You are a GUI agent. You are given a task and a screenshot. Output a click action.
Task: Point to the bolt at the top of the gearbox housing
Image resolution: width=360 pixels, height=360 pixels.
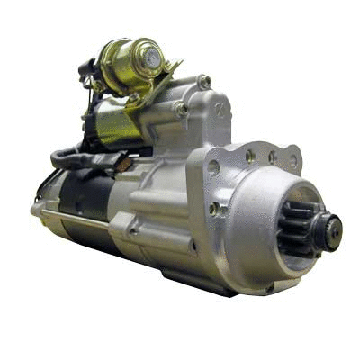205,82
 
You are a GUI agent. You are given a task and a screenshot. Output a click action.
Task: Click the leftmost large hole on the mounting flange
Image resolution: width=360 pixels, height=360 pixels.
213,166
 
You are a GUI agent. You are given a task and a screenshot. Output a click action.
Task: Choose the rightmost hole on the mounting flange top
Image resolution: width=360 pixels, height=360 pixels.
292,162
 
